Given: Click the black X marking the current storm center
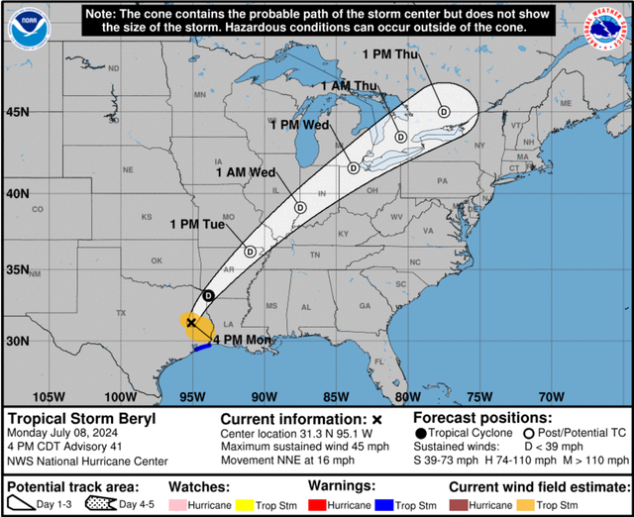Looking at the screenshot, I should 190,323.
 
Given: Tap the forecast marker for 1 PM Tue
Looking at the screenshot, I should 251,252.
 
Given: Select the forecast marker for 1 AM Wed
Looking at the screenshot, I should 299,208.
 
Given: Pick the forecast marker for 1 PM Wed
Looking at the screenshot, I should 353,167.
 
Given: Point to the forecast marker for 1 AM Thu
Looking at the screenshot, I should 400,137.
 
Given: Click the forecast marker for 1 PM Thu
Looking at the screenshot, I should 444,112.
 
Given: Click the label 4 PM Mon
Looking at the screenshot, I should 238,340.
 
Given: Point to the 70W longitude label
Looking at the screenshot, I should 552,396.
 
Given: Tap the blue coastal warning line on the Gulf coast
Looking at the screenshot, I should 202,347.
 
